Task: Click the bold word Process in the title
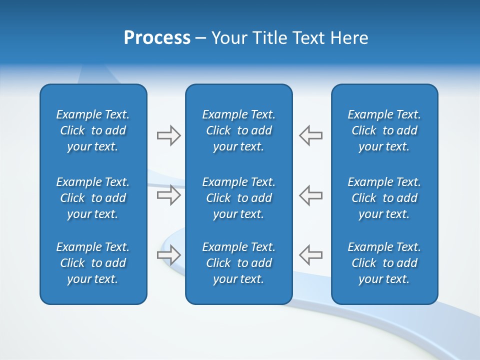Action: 157,38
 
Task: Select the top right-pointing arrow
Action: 169,135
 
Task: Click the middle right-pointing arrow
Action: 169,195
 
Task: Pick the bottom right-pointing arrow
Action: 169,254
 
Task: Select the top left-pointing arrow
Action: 310,135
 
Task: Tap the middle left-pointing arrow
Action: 310,195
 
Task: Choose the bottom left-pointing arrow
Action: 310,254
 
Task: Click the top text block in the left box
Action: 93,130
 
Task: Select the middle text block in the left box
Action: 93,198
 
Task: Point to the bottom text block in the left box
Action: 93,263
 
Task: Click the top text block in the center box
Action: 238,130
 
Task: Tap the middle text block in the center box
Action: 238,198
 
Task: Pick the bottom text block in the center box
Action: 238,263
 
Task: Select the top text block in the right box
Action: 384,130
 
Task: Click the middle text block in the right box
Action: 384,198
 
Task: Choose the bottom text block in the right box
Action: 384,263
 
